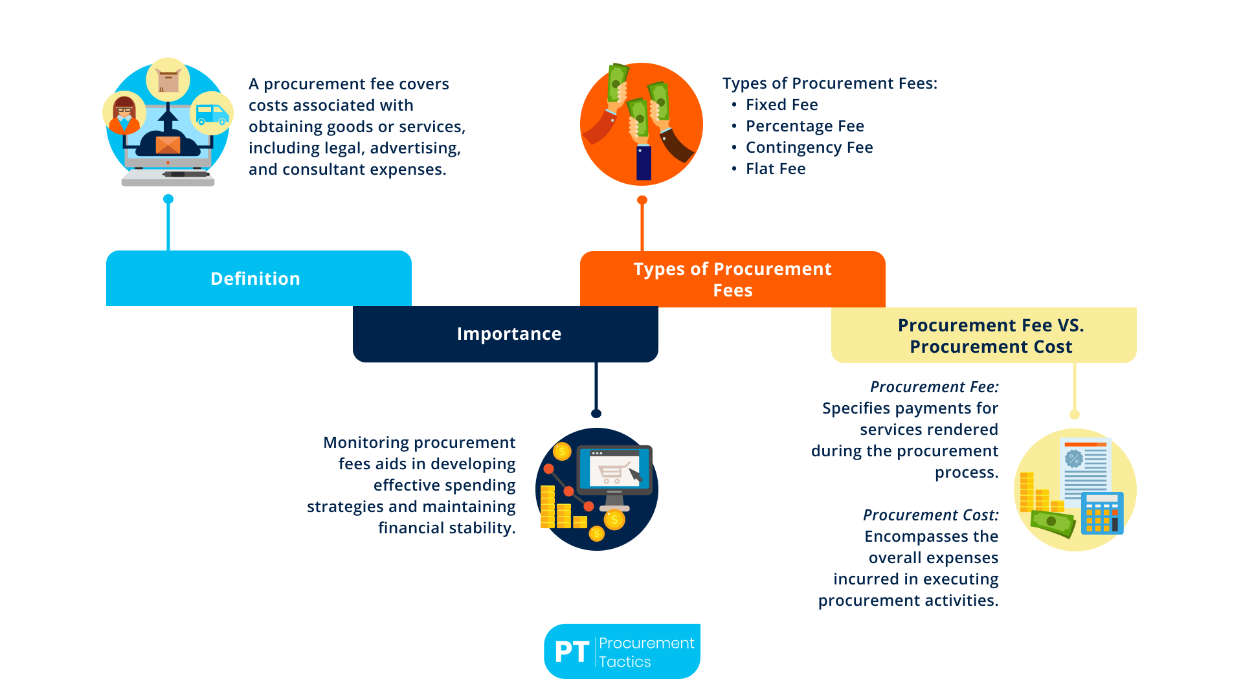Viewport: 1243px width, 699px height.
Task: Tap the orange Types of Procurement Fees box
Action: pyautogui.click(x=732, y=279)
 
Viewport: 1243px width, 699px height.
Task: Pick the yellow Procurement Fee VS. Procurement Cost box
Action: pyautogui.click(x=983, y=335)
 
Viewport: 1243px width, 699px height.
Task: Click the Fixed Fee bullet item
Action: pyautogui.click(x=781, y=105)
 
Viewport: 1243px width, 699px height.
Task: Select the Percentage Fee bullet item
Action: pyautogui.click(x=804, y=126)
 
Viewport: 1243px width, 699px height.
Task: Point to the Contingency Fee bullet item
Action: pyautogui.click(x=809, y=148)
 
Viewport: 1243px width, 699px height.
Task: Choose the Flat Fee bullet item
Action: pyautogui.click(x=775, y=169)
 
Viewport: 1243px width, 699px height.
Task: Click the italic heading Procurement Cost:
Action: pyautogui.click(x=930, y=515)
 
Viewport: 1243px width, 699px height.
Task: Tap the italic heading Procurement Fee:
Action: pyautogui.click(x=934, y=387)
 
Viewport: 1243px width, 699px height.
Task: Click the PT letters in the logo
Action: pyautogui.click(x=572, y=652)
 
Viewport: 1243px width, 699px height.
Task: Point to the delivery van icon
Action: pyautogui.click(x=212, y=114)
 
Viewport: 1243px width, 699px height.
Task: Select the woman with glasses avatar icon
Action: pyautogui.click(x=124, y=114)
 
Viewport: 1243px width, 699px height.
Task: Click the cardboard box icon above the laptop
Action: pyautogui.click(x=168, y=80)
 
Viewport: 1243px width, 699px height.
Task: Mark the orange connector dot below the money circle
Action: pyautogui.click(x=642, y=200)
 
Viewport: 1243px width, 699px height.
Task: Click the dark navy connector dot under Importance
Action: pyautogui.click(x=596, y=414)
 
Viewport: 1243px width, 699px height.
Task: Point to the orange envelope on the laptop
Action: pyautogui.click(x=168, y=144)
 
